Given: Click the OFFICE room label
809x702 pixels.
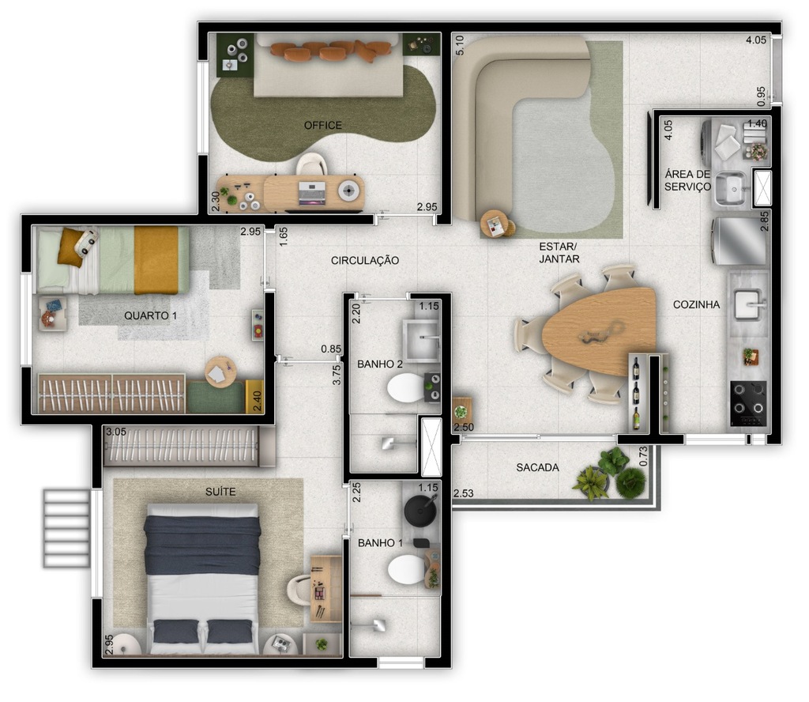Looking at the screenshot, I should [323, 125].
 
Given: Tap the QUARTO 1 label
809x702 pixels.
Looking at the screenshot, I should [151, 315].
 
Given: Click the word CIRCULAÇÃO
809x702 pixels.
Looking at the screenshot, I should [365, 260].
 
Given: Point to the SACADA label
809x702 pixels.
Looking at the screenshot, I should [537, 467].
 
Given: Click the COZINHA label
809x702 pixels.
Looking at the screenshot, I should [696, 304].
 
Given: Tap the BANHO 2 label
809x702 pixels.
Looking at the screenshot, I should [380, 364].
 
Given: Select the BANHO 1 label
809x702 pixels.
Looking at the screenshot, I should [380, 543].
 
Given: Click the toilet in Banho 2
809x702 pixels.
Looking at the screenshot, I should [406, 389].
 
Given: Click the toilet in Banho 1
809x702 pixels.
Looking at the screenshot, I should [408, 568].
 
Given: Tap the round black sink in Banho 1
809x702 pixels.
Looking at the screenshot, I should [419, 511].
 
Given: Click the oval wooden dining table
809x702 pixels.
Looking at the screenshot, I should [600, 331].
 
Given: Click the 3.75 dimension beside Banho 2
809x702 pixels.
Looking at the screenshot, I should [337, 373].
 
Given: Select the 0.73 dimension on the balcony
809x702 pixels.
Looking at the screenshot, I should [642, 457].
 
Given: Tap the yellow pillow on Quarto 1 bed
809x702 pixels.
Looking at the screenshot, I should [70, 244].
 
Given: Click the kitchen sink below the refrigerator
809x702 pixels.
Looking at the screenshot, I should [747, 304].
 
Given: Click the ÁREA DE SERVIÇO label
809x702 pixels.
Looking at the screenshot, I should [687, 180].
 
